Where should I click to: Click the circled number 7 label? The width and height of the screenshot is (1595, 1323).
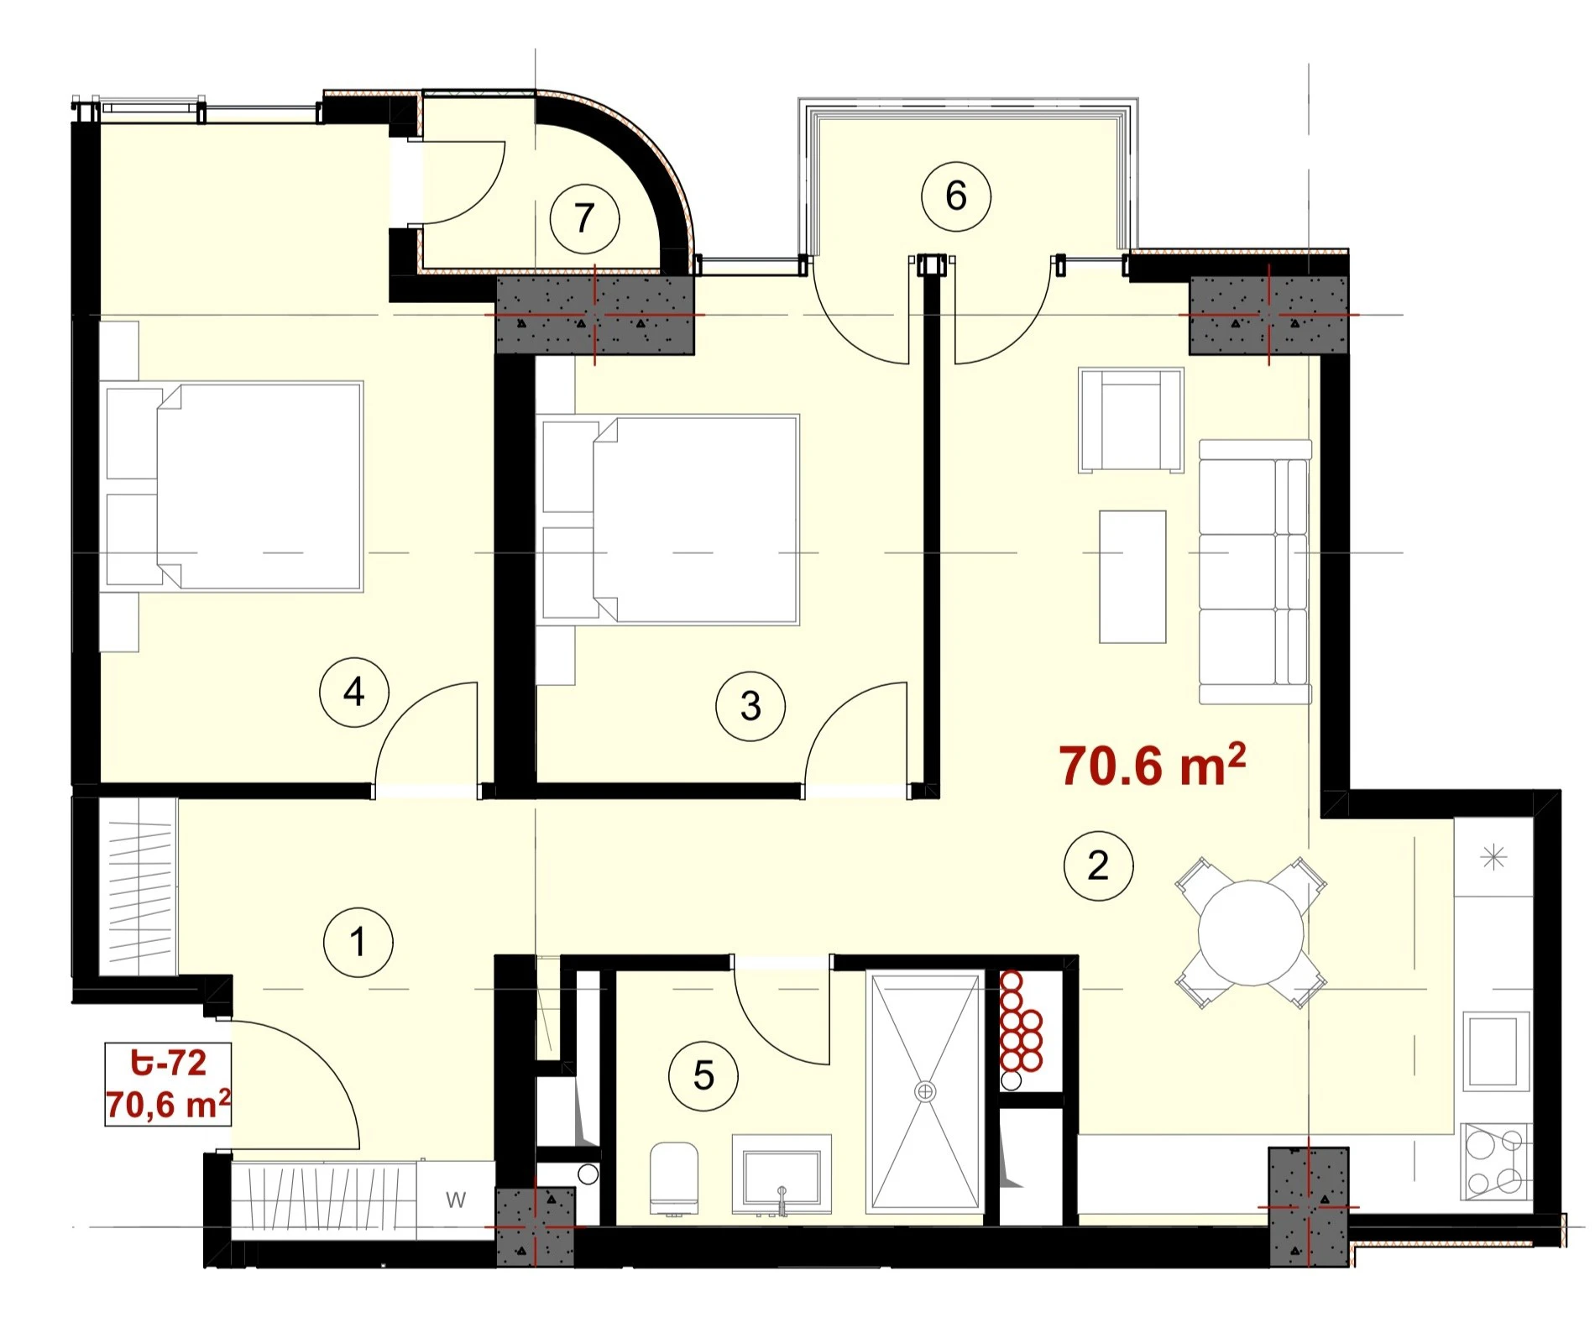click(584, 219)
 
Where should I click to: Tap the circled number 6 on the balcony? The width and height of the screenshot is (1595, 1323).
click(955, 196)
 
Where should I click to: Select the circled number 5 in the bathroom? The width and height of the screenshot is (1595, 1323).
click(703, 1076)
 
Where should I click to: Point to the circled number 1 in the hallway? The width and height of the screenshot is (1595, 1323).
click(358, 942)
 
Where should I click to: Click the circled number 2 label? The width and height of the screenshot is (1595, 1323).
click(1098, 865)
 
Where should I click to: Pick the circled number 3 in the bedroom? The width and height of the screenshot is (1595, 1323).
click(750, 706)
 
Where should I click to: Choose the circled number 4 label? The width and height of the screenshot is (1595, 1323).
click(354, 693)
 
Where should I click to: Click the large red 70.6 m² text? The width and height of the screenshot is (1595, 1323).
click(1152, 765)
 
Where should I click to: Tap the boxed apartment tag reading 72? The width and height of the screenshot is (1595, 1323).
click(168, 1084)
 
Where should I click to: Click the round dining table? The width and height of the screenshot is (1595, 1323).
click(1251, 933)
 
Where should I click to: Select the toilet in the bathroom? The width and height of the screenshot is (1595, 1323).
click(674, 1179)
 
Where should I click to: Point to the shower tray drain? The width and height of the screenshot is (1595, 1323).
click(925, 1091)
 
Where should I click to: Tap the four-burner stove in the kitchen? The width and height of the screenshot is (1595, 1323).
click(1495, 1162)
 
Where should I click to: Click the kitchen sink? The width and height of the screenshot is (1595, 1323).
click(1495, 1051)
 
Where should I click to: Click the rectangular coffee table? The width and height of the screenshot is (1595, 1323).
click(1132, 577)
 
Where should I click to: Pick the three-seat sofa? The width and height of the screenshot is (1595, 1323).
click(1255, 572)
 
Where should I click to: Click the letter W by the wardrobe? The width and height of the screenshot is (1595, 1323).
click(456, 1200)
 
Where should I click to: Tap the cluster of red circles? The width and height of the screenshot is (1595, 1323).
click(1019, 1022)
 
